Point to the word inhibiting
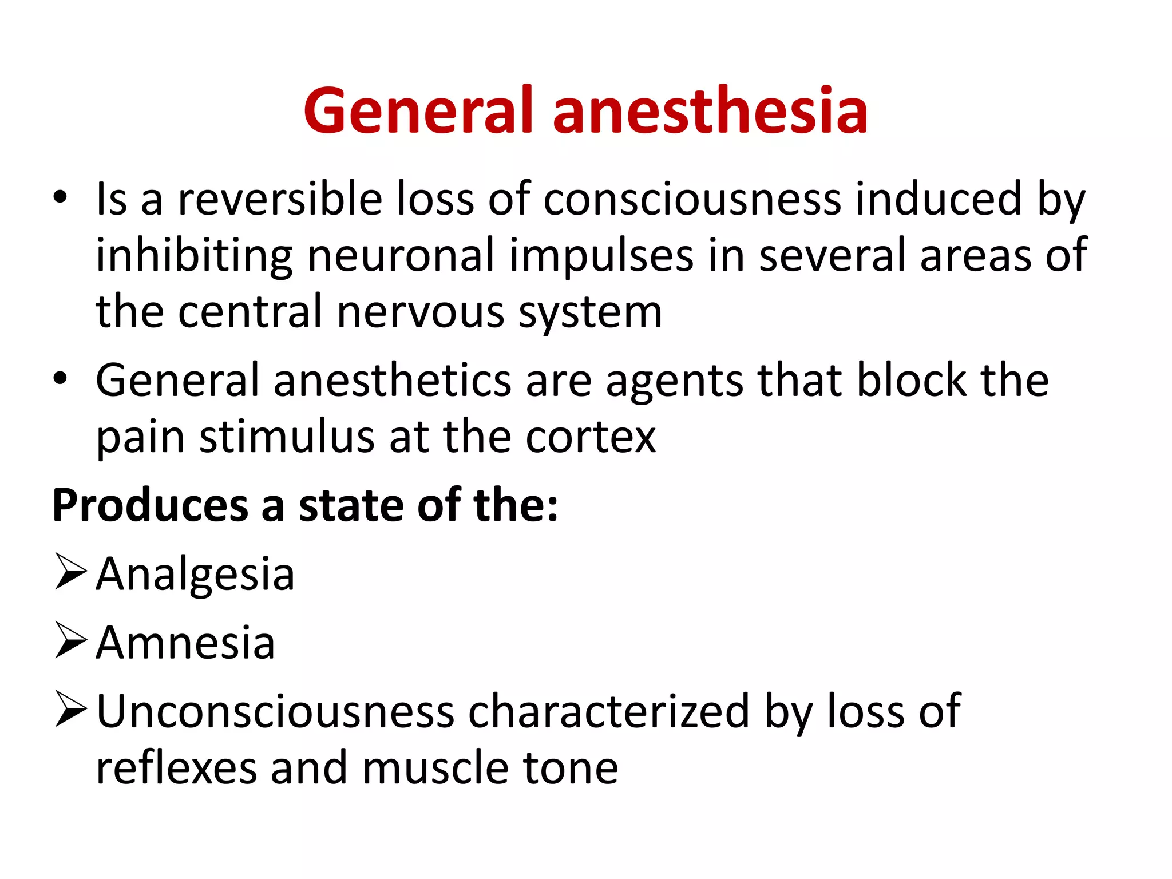click(194, 256)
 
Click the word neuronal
click(401, 256)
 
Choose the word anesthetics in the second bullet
click(393, 381)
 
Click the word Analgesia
click(195, 574)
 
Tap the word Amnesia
click(185, 643)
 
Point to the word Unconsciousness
click(275, 711)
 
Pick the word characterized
click(609, 711)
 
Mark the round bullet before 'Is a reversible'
click(60, 197)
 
